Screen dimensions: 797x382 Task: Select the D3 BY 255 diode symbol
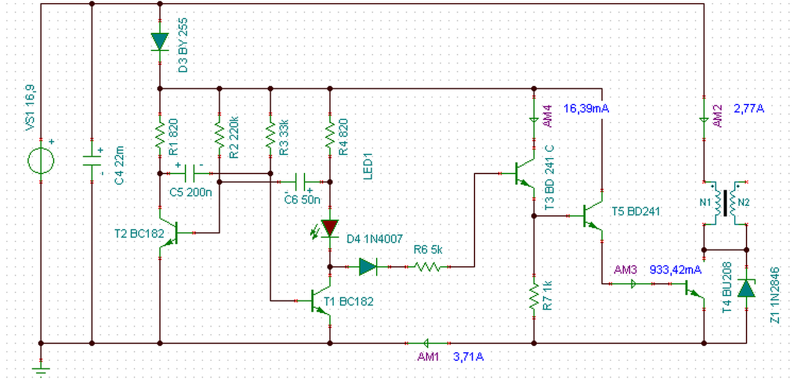coord(160,42)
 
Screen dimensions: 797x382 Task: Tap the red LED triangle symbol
coord(330,228)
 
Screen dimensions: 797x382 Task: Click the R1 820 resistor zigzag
coord(160,135)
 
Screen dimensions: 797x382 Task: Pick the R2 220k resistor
coord(219,135)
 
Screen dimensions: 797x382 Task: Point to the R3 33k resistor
coord(270,135)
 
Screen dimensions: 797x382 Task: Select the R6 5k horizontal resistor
coord(428,267)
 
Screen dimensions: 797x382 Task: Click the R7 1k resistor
coord(534,297)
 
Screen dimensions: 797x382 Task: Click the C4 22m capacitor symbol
coord(92,161)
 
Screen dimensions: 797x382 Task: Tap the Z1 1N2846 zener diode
coord(746,288)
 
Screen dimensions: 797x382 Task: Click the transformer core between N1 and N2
coord(725,203)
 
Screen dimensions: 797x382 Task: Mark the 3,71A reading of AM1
coord(468,356)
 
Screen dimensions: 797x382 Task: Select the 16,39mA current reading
coord(586,108)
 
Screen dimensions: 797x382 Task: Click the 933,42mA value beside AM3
coord(676,270)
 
